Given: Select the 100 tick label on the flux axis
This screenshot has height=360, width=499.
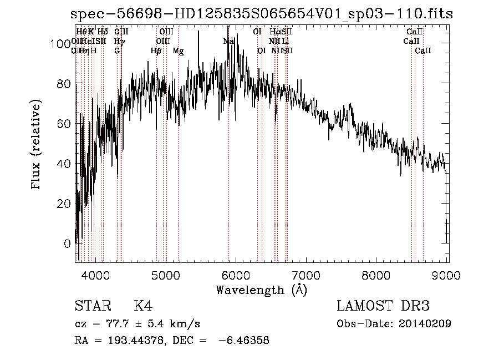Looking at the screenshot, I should pyautogui.click(x=63, y=43).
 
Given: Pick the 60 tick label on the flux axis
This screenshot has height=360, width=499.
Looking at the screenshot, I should pyautogui.click(x=65, y=124).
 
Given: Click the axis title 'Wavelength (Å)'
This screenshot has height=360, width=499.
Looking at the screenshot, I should pyautogui.click(x=261, y=290).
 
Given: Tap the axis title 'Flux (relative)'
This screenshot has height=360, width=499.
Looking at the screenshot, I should pyautogui.click(x=37, y=145).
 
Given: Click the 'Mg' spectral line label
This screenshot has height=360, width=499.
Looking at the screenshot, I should pyautogui.click(x=179, y=51).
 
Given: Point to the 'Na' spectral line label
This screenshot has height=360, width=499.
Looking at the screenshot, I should pyautogui.click(x=228, y=41).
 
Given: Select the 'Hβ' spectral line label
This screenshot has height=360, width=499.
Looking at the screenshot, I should pyautogui.click(x=156, y=51).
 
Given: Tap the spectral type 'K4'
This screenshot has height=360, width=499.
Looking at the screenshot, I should pyautogui.click(x=143, y=306).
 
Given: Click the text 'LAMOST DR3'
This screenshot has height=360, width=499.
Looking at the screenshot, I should pyautogui.click(x=383, y=306).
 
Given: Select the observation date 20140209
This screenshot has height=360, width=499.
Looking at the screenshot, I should pyautogui.click(x=426, y=324).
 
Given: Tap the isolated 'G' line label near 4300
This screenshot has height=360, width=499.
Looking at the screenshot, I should pyautogui.click(x=117, y=51).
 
